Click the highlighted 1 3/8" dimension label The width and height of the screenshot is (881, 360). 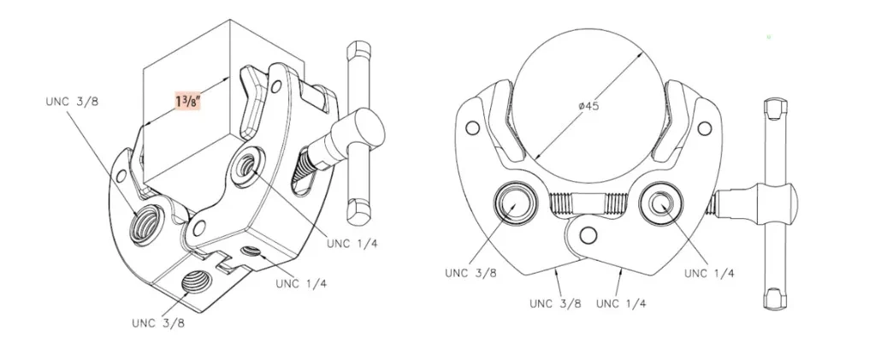(187, 102)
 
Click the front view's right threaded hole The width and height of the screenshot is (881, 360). (661, 204)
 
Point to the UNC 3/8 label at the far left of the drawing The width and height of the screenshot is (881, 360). (67, 101)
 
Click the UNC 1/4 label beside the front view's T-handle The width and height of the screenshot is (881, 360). (711, 273)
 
